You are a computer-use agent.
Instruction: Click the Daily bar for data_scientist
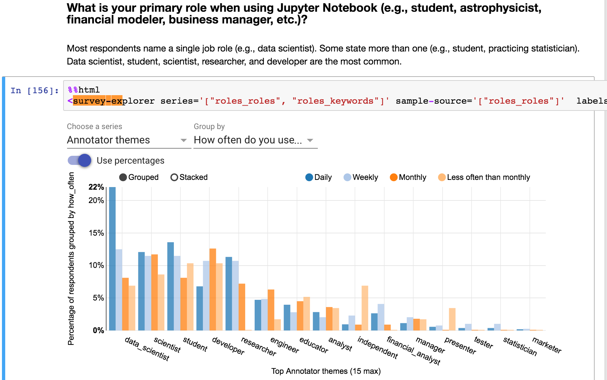(x=112, y=259)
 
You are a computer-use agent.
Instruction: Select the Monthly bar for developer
(x=213, y=289)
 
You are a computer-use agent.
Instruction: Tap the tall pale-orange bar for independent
(x=365, y=308)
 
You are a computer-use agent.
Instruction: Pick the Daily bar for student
(x=171, y=286)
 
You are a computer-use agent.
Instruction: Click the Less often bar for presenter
(x=452, y=319)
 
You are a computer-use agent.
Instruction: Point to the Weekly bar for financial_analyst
(x=381, y=317)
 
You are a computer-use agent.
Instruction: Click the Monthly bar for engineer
(x=271, y=310)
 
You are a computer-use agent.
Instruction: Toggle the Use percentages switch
(x=79, y=160)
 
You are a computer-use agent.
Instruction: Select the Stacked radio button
(x=174, y=177)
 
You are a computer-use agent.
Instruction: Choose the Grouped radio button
(x=123, y=177)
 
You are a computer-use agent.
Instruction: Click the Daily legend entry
(x=318, y=177)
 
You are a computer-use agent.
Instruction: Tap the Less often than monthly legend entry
(x=484, y=177)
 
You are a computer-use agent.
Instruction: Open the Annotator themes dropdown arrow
(x=184, y=140)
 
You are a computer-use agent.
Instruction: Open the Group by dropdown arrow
(x=310, y=140)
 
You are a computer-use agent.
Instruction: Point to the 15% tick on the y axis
(x=96, y=233)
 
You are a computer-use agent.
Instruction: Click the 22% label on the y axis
(x=96, y=187)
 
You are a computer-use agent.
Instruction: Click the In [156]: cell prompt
(x=35, y=90)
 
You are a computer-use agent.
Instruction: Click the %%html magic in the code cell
(x=84, y=90)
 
